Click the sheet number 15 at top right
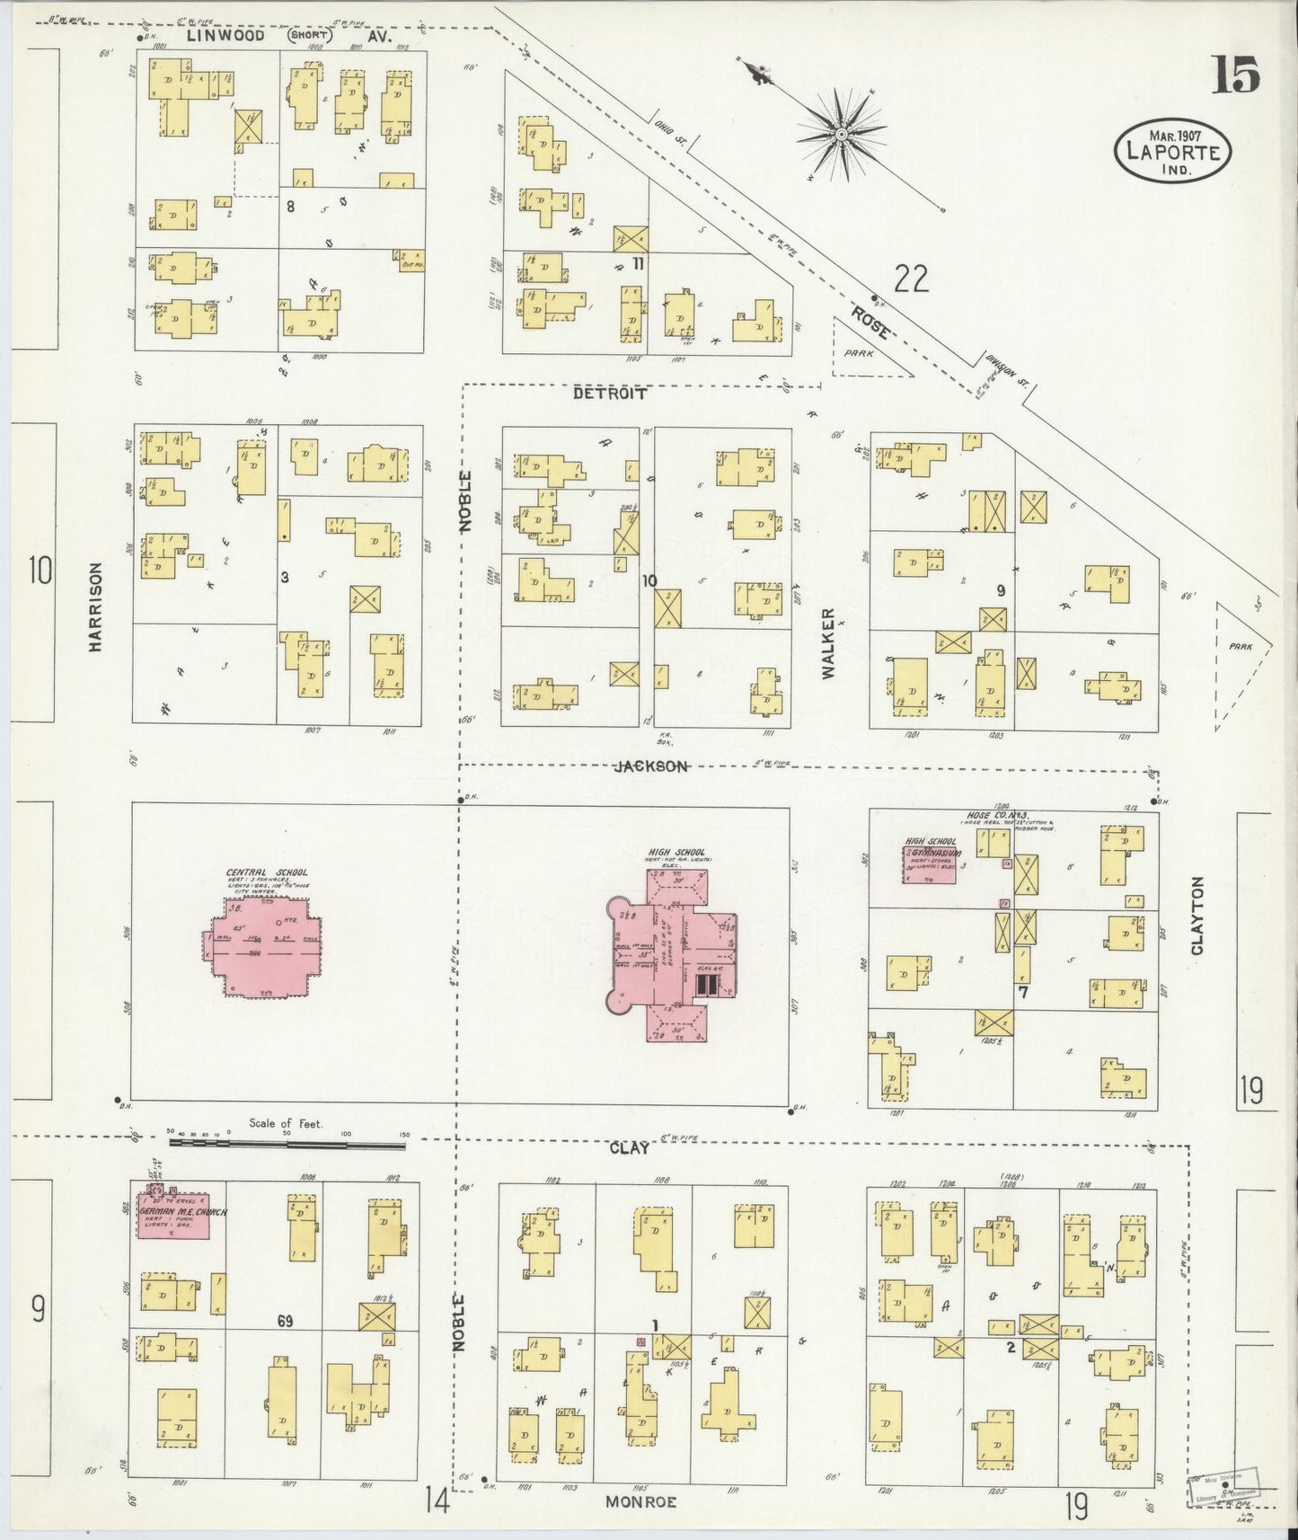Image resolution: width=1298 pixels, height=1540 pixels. (1236, 75)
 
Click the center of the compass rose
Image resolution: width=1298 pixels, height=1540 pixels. (842, 135)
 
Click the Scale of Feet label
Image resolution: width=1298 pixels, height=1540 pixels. (286, 1124)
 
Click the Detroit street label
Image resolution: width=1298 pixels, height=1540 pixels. (610, 393)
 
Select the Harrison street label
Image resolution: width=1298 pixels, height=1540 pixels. (95, 606)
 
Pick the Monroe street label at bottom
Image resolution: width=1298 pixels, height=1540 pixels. (640, 1501)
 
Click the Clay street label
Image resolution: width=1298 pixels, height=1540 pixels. (629, 1148)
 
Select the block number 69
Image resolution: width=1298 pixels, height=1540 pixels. (285, 1321)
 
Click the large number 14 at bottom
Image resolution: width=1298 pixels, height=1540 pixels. (437, 1498)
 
